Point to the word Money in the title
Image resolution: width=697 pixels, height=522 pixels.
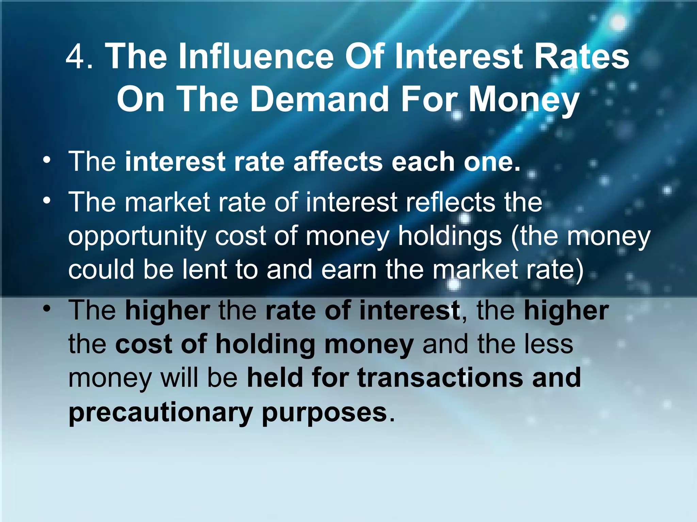[x=524, y=99]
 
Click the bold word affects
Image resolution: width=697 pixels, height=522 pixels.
[x=338, y=161]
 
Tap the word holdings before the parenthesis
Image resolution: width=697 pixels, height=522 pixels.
[x=450, y=237]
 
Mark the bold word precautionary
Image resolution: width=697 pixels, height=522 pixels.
[x=160, y=413]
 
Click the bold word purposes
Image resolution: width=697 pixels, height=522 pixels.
[x=324, y=413]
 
